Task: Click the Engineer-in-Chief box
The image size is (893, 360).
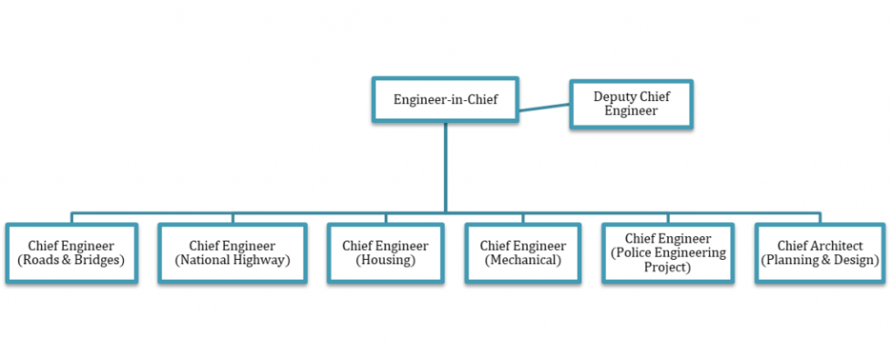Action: coord(445,99)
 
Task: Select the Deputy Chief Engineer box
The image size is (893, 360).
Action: coord(631,104)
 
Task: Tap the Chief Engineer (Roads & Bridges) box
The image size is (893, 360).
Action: coord(71,253)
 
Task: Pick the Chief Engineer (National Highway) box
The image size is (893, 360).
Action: coord(232,253)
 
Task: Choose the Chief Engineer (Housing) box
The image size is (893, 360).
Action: coord(385,253)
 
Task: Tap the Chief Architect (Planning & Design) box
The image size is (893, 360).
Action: coord(820,253)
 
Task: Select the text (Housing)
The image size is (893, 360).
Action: coord(385,261)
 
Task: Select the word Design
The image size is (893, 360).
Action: coord(857,261)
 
